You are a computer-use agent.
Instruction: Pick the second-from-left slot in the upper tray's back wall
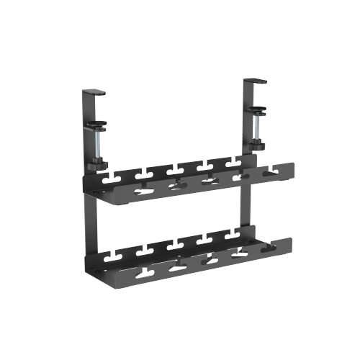[x=143, y=173]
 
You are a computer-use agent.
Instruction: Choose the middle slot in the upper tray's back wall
[x=172, y=171]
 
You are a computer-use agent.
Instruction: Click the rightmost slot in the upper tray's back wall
[x=232, y=166]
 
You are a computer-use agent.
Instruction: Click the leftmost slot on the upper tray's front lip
[x=143, y=189]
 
